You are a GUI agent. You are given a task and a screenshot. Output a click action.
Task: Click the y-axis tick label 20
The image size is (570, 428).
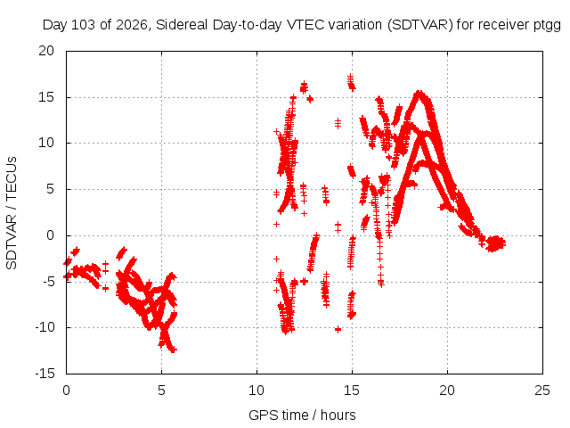pyautogui.click(x=46, y=51)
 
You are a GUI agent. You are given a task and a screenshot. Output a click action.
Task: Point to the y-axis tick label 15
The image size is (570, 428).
pyautogui.click(x=46, y=97)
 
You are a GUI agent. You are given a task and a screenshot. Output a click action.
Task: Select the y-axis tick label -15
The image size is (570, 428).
pyautogui.click(x=45, y=374)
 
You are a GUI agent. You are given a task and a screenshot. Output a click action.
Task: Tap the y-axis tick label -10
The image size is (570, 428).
pyautogui.click(x=45, y=327)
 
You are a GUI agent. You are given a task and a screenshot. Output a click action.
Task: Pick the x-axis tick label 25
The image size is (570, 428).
pyautogui.click(x=542, y=391)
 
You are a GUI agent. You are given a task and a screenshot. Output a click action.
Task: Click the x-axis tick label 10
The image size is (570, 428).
pyautogui.click(x=256, y=391)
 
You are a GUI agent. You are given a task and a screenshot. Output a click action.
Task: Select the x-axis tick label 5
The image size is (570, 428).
pyautogui.click(x=161, y=391)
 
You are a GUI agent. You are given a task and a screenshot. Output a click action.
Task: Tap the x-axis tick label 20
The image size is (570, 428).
pyautogui.click(x=447, y=391)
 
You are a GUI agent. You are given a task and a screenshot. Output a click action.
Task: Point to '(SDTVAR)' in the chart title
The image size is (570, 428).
pyautogui.click(x=419, y=25)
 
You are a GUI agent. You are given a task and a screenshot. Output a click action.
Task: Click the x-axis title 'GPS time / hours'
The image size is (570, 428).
pyautogui.click(x=302, y=415)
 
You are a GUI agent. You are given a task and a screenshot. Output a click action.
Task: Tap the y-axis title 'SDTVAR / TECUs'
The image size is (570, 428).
pyautogui.click(x=12, y=213)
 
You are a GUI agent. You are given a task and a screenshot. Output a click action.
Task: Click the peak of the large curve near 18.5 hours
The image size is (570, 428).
pyautogui.click(x=419, y=93)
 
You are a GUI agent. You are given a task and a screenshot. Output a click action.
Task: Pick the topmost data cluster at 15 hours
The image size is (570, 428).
pyautogui.click(x=351, y=82)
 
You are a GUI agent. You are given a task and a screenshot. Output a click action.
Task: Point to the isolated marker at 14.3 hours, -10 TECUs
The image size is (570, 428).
pyautogui.click(x=338, y=330)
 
